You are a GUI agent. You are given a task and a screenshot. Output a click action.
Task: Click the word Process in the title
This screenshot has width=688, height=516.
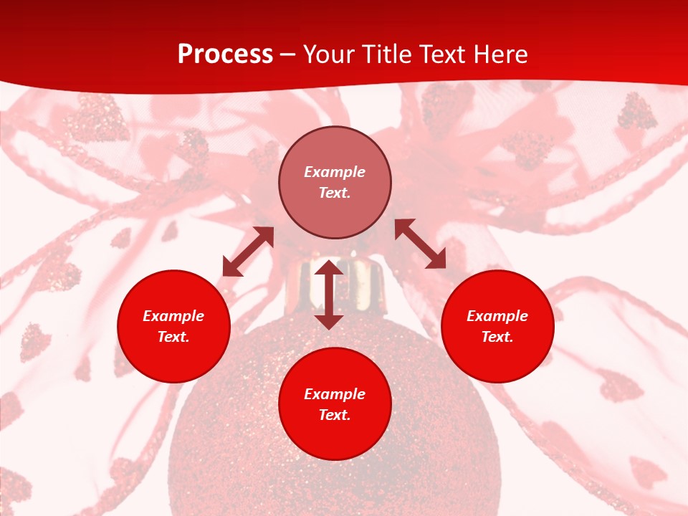tap(225, 54)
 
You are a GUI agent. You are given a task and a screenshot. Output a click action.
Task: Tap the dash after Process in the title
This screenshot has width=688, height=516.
tap(288, 55)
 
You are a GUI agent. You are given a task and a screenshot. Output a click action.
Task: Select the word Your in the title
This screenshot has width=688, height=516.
tap(329, 54)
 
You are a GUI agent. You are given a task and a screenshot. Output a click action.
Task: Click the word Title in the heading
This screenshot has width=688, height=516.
tap(388, 54)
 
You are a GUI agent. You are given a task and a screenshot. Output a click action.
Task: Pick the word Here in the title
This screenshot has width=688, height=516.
tap(503, 54)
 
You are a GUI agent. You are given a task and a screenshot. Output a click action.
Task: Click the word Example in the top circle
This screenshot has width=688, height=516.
tap(335, 172)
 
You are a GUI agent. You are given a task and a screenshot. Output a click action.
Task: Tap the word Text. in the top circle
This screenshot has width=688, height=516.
tap(335, 193)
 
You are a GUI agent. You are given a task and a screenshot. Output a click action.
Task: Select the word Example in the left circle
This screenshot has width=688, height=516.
tap(173, 316)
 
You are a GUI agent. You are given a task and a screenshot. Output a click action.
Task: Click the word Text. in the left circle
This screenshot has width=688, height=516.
tap(173, 337)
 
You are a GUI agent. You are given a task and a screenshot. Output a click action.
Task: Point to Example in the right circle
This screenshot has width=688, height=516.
tap(497, 316)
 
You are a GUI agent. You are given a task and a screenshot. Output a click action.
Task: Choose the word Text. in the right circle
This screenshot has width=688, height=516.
tap(497, 337)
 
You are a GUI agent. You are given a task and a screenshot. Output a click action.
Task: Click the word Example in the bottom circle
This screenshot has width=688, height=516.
tap(335, 394)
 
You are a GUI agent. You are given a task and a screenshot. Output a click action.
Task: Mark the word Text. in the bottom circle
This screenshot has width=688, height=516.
tap(335, 415)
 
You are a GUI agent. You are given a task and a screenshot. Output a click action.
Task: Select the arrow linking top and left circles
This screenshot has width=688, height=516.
tap(248, 252)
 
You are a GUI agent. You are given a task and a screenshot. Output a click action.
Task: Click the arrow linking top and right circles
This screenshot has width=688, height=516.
tap(420, 244)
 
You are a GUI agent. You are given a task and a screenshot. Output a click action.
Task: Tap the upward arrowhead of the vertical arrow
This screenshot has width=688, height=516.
tap(329, 268)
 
